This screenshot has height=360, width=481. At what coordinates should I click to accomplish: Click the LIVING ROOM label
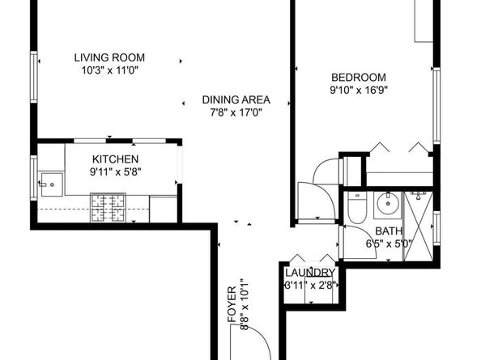tap(109, 57)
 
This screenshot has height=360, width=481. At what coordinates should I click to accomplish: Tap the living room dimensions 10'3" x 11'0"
tap(109, 70)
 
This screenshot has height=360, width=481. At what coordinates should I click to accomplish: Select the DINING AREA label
tap(236, 100)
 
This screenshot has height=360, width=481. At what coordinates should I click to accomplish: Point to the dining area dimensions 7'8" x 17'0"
tap(236, 113)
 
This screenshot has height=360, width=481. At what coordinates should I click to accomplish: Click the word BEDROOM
tap(358, 78)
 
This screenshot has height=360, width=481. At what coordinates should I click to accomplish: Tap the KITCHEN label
tap(114, 159)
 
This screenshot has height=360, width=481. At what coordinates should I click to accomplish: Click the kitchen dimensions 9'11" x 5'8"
tap(114, 172)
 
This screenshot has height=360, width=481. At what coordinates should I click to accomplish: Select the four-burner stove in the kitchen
tap(108, 207)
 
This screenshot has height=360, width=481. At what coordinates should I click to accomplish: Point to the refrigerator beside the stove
tap(164, 208)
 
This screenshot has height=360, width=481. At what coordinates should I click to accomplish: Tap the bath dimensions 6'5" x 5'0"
tap(389, 243)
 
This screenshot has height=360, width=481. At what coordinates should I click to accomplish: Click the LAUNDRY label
tap(309, 273)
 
